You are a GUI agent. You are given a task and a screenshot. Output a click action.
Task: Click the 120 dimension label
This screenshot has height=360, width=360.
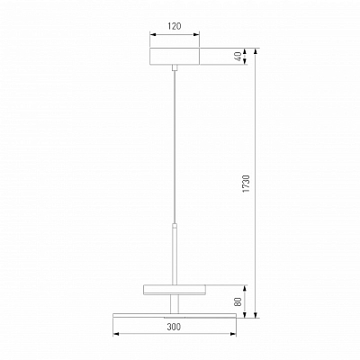[175, 26]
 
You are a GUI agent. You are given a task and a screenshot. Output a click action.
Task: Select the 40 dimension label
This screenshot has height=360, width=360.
[238, 57]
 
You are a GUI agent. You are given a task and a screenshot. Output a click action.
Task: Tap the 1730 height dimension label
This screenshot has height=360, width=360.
[246, 184]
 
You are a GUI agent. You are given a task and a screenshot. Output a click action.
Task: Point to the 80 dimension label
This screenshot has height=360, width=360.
[238, 301]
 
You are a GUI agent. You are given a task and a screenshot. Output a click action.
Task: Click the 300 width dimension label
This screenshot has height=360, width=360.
[174, 327]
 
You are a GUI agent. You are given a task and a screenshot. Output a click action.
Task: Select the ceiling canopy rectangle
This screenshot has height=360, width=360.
[175, 56]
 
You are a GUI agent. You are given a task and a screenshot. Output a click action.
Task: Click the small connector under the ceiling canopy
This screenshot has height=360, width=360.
[175, 67]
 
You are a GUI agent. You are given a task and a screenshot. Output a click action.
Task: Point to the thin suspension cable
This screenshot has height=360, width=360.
[175, 147]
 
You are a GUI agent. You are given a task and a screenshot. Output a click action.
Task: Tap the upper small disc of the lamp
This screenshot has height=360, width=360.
[175, 290]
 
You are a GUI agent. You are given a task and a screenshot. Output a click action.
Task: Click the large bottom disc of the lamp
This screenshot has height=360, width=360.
[175, 315]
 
